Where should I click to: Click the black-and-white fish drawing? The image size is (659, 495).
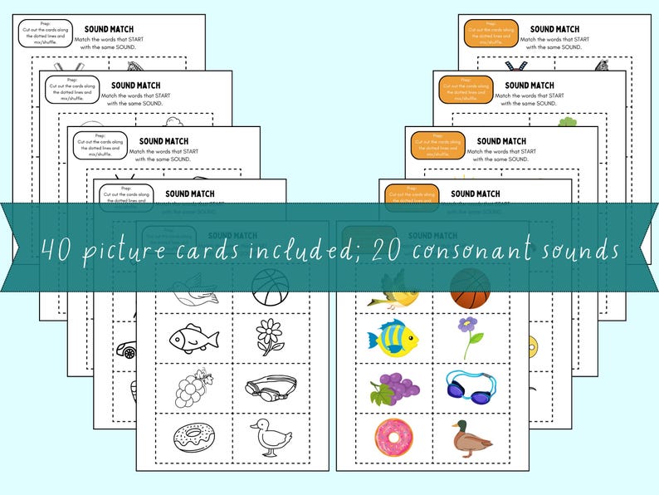coord(193,337)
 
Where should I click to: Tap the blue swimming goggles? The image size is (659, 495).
coord(471,386)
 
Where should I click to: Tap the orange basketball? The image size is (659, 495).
coord(471,288)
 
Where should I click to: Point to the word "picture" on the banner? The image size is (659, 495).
coord(134,250)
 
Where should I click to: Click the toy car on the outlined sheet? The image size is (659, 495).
coord(126,349)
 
